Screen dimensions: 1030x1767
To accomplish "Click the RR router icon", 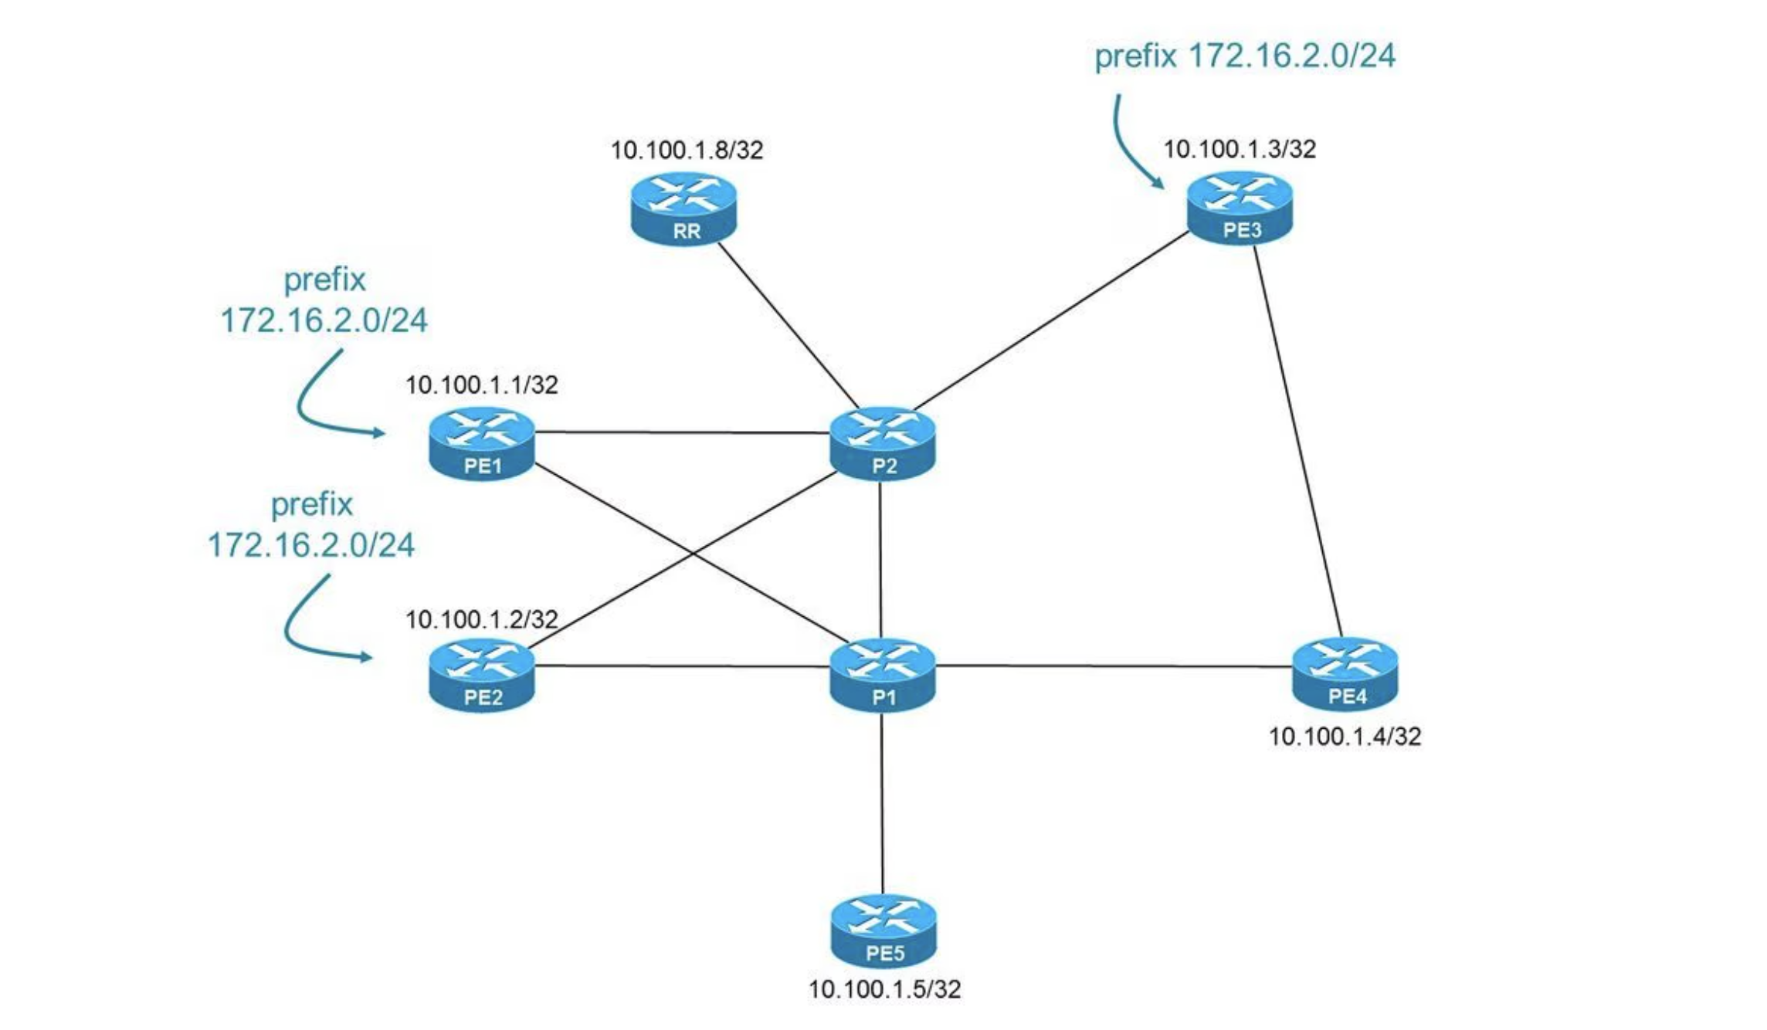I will click(x=683, y=208).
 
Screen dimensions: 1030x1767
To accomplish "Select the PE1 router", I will click(x=482, y=444).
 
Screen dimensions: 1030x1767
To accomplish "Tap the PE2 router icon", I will click(x=482, y=676).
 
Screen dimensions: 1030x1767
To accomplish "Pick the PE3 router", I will click(x=1240, y=208).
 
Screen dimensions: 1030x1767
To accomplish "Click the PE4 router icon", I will click(x=1345, y=674).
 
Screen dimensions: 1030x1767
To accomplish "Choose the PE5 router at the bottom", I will click(x=883, y=931).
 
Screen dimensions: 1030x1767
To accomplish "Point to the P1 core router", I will click(x=883, y=676).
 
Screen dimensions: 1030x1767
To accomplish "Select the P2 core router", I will click(x=883, y=444).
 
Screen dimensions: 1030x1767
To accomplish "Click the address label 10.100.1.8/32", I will click(x=687, y=150).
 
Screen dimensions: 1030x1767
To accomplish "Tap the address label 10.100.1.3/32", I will click(x=1240, y=149).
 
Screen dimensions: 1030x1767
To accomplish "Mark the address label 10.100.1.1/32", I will click(x=481, y=385).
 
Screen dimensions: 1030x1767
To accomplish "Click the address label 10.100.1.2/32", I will click(x=481, y=619).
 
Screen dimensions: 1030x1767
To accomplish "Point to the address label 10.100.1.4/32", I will click(x=1345, y=737).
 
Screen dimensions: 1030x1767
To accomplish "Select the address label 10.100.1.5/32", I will click(x=884, y=989).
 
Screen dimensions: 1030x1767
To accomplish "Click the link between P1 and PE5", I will click(x=882, y=803).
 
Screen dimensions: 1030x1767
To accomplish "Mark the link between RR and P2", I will click(x=788, y=324).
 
